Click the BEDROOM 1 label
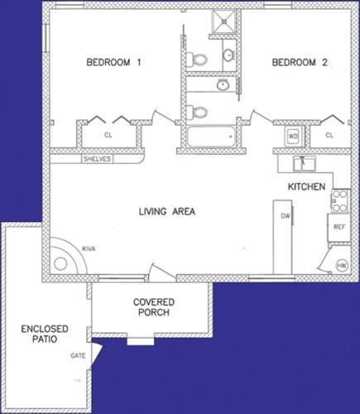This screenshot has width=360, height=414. coord(115,63)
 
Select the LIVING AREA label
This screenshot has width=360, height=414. coord(166,212)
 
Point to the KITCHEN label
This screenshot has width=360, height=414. coord(306,187)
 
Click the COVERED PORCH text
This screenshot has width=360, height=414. coord(152,307)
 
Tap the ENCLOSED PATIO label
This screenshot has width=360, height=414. coord(44,335)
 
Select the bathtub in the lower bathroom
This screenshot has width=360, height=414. coord(212,137)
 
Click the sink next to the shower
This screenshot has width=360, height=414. coord(228,55)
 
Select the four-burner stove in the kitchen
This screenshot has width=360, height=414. coord(339,200)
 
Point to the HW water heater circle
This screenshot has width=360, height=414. coord(342,266)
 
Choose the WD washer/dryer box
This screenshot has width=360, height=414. coord(293,134)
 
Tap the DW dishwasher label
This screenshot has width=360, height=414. coord(284,216)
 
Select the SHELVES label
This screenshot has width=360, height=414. coord(97,159)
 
